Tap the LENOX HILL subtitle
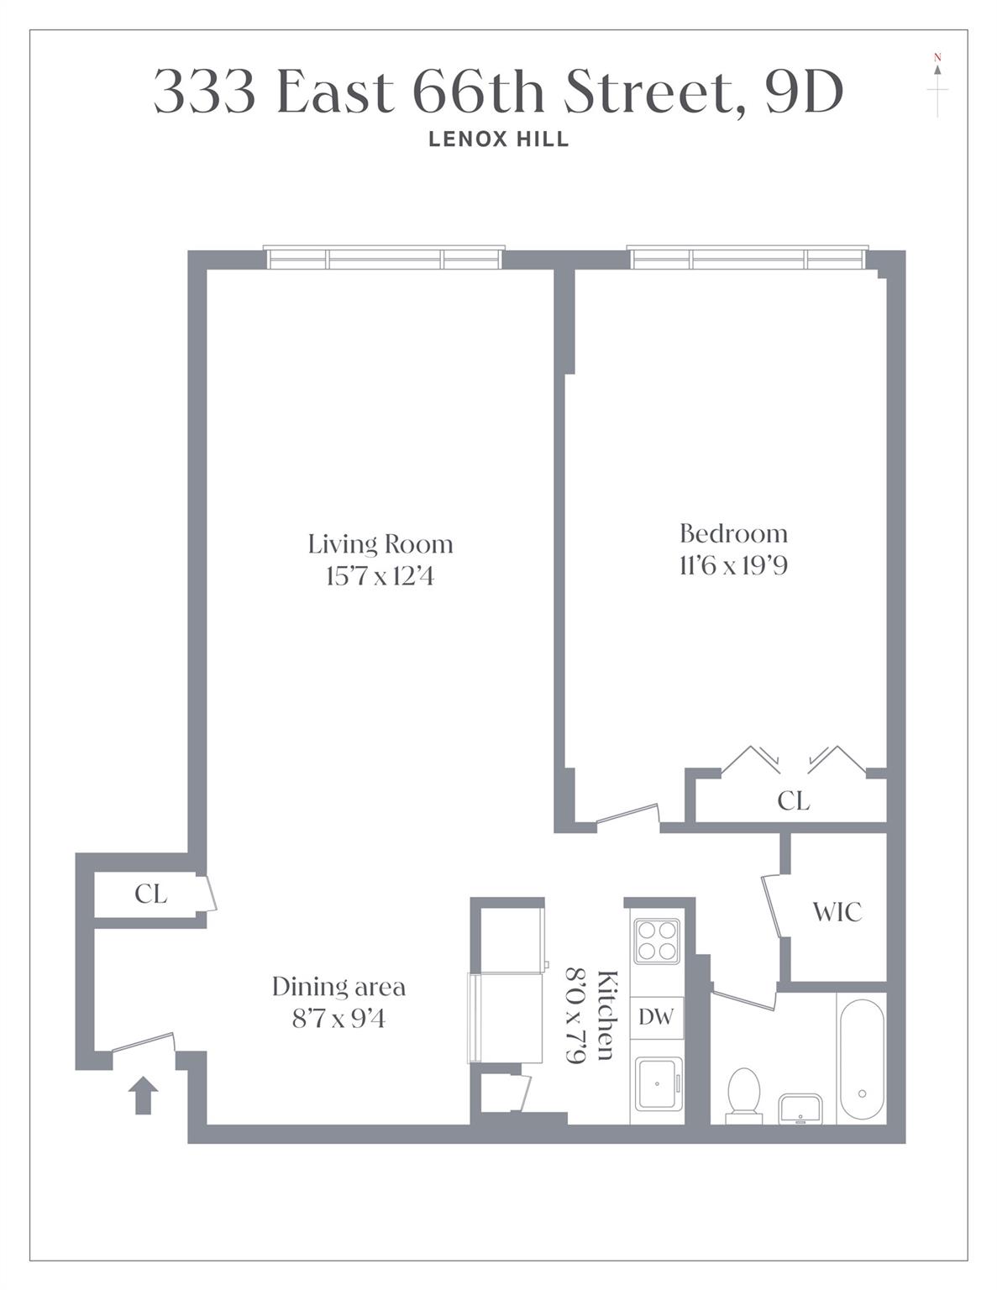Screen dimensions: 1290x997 tap(498, 139)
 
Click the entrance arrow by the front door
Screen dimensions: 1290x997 tap(143, 1095)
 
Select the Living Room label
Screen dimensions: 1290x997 tap(380, 544)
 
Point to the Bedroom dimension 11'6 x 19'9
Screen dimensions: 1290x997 tap(732, 566)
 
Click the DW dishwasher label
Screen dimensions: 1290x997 tap(656, 1017)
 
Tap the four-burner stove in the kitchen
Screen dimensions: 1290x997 tap(656, 941)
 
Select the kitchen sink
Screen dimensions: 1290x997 tap(657, 1084)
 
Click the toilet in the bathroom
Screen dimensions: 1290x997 tap(743, 1094)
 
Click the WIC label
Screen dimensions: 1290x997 tap(837, 912)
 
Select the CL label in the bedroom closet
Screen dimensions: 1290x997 tap(793, 801)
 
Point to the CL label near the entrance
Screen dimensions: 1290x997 tap(151, 894)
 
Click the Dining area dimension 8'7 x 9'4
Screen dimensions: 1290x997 tap(338, 1019)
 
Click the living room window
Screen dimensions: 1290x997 tap(384, 258)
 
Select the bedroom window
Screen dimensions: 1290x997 tap(747, 258)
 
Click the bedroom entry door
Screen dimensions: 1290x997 tap(628, 816)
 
